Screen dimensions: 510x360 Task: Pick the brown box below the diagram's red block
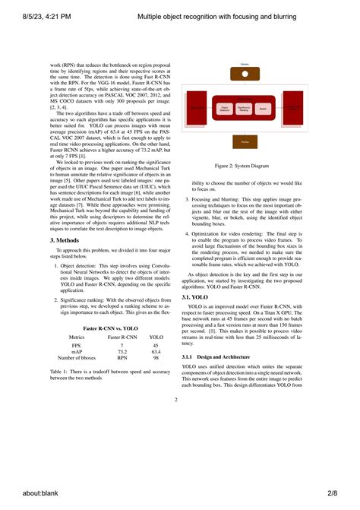click(x=244, y=142)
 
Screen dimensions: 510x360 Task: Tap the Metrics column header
click(x=77, y=336)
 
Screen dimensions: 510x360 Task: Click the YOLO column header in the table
click(x=156, y=336)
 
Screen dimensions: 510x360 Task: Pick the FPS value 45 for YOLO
click(x=156, y=345)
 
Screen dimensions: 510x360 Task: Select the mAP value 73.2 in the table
click(x=122, y=351)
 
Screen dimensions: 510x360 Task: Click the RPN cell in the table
click(x=122, y=357)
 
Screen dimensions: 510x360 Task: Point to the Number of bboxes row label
click(x=77, y=357)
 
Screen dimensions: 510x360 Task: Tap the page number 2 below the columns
click(x=175, y=400)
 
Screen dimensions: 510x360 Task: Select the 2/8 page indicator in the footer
click(x=331, y=493)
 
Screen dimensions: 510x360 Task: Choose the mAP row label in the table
click(x=77, y=351)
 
